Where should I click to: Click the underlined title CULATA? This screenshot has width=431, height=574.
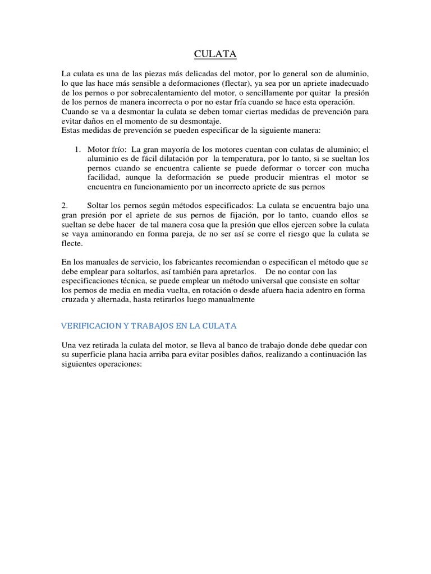215,54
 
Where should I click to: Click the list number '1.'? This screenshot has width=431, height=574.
78,150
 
